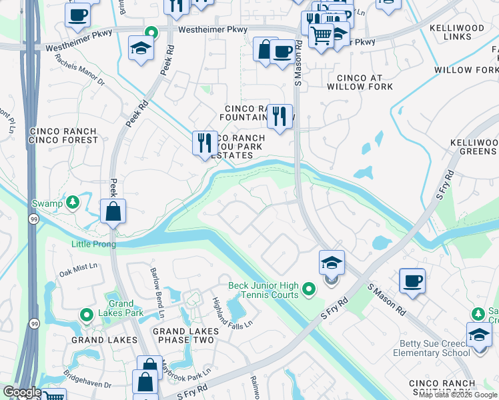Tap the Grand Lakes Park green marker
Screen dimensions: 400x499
click(87, 314)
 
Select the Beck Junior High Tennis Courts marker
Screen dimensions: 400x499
click(308, 289)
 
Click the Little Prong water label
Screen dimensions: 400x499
click(93, 244)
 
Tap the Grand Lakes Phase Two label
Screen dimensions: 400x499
click(185, 335)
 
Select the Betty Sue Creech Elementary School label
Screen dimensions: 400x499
click(434, 348)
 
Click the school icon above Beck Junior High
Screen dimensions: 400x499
click(332, 263)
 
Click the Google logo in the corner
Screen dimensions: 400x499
click(22, 393)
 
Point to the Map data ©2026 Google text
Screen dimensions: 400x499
click(458, 395)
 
